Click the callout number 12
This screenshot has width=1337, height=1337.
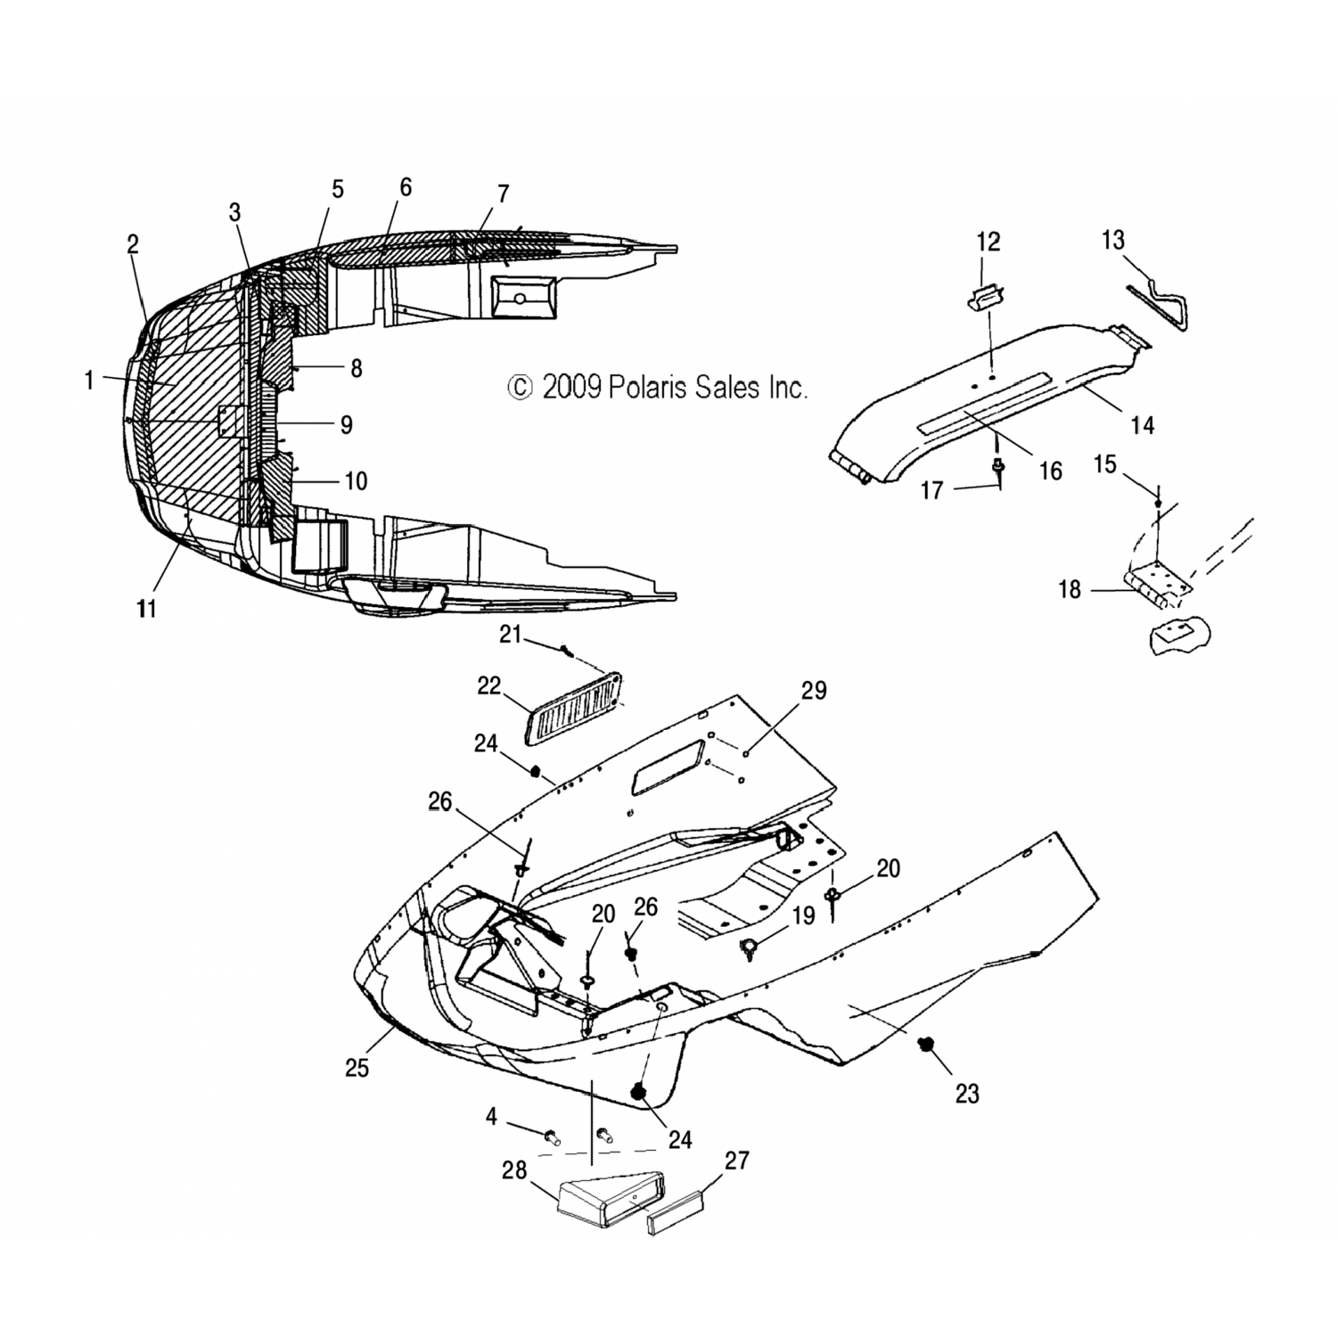988,242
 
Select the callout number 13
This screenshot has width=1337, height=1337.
1113,240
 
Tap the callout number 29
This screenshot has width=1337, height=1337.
813,691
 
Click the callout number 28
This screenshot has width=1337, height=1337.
514,1170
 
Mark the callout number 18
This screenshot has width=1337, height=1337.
1069,589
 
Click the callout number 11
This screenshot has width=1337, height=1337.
146,609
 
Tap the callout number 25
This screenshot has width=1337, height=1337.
357,1067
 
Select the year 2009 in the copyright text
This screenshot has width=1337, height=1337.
572,387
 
